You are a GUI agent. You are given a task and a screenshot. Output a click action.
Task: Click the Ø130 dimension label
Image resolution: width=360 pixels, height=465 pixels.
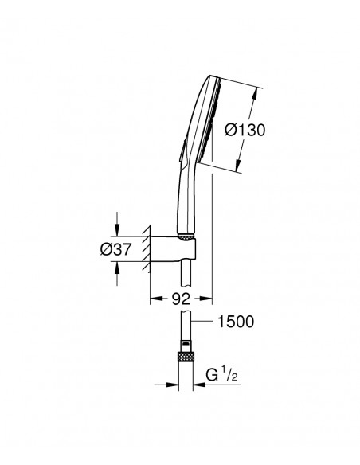(245, 131)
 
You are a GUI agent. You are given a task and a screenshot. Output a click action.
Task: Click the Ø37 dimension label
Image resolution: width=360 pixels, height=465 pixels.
(115, 249)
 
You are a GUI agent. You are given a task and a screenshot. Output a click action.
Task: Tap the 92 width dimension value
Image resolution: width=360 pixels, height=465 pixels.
(181, 299)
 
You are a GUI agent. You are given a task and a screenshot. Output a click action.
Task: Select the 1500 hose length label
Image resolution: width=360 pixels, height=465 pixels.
(236, 322)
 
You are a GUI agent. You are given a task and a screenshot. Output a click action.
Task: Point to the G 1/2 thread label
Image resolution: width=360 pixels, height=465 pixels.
(222, 375)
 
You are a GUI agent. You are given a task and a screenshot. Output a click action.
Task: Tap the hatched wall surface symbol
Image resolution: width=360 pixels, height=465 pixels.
(147, 248)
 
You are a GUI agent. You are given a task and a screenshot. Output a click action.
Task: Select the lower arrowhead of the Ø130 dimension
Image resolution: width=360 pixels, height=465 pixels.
(238, 166)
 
